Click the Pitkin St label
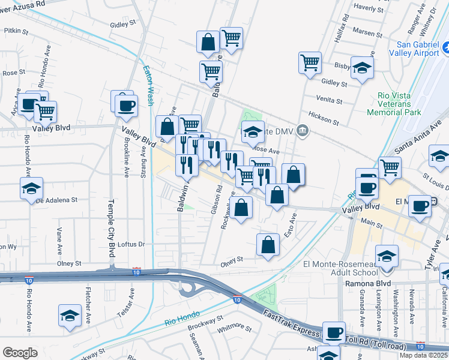[17, 29]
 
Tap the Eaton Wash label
[148, 85]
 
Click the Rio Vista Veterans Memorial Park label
[394, 103]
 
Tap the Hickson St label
[324, 114]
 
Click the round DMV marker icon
[303, 130]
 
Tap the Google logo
[20, 352]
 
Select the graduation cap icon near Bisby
[362, 67]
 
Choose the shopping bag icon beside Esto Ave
[268, 244]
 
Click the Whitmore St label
[234, 328]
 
